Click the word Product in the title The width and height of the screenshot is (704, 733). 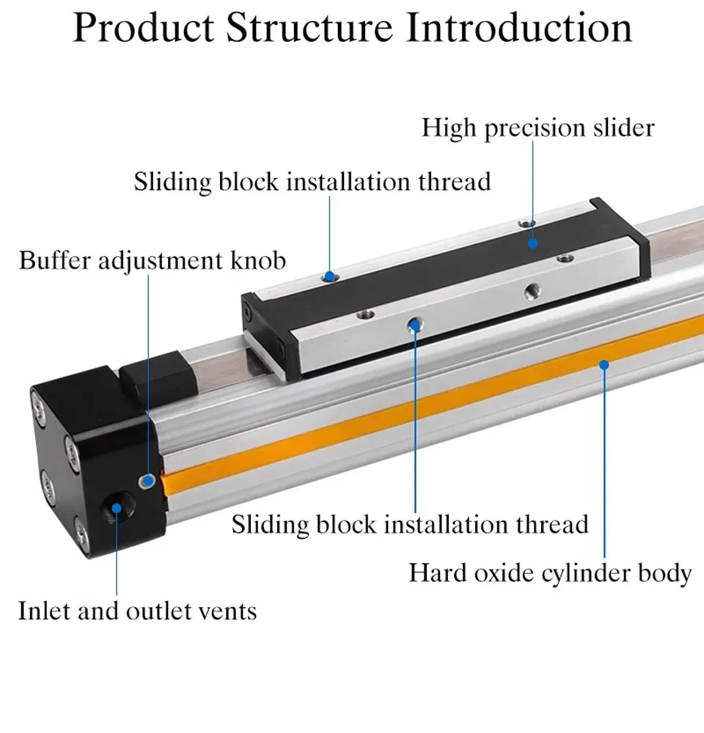click(x=144, y=28)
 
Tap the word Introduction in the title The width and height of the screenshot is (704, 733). click(x=519, y=28)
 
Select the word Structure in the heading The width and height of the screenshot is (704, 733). click(x=309, y=28)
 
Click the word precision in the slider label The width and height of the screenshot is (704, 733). click(x=535, y=128)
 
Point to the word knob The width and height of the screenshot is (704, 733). click(x=257, y=260)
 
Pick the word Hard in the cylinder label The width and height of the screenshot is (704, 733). click(x=439, y=572)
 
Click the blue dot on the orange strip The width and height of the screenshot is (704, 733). click(x=604, y=364)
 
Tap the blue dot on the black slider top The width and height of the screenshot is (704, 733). click(x=532, y=243)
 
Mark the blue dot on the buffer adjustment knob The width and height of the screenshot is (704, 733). click(x=148, y=481)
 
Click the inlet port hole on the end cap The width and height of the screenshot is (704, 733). click(x=116, y=508)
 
